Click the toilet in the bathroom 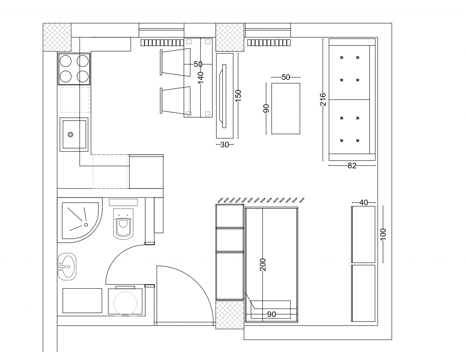pyautogui.click(x=123, y=224)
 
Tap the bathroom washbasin pyautogui.click(x=67, y=267)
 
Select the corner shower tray pyautogui.click(x=80, y=220)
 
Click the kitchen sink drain pyautogui.click(x=70, y=135)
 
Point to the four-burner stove pyautogui.click(x=74, y=69)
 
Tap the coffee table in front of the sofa pyautogui.click(x=286, y=108)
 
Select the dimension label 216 pyautogui.click(x=323, y=100)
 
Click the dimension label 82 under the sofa pyautogui.click(x=352, y=165)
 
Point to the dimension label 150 pyautogui.click(x=238, y=96)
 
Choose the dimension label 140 pyautogui.click(x=201, y=78)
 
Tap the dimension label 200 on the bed pyautogui.click(x=263, y=265)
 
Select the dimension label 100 pyautogui.click(x=383, y=234)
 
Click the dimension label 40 pyautogui.click(x=364, y=202)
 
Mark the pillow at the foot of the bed pyautogui.click(x=271, y=310)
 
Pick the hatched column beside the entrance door pyautogui.click(x=230, y=315)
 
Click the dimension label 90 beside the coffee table pyautogui.click(x=266, y=108)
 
